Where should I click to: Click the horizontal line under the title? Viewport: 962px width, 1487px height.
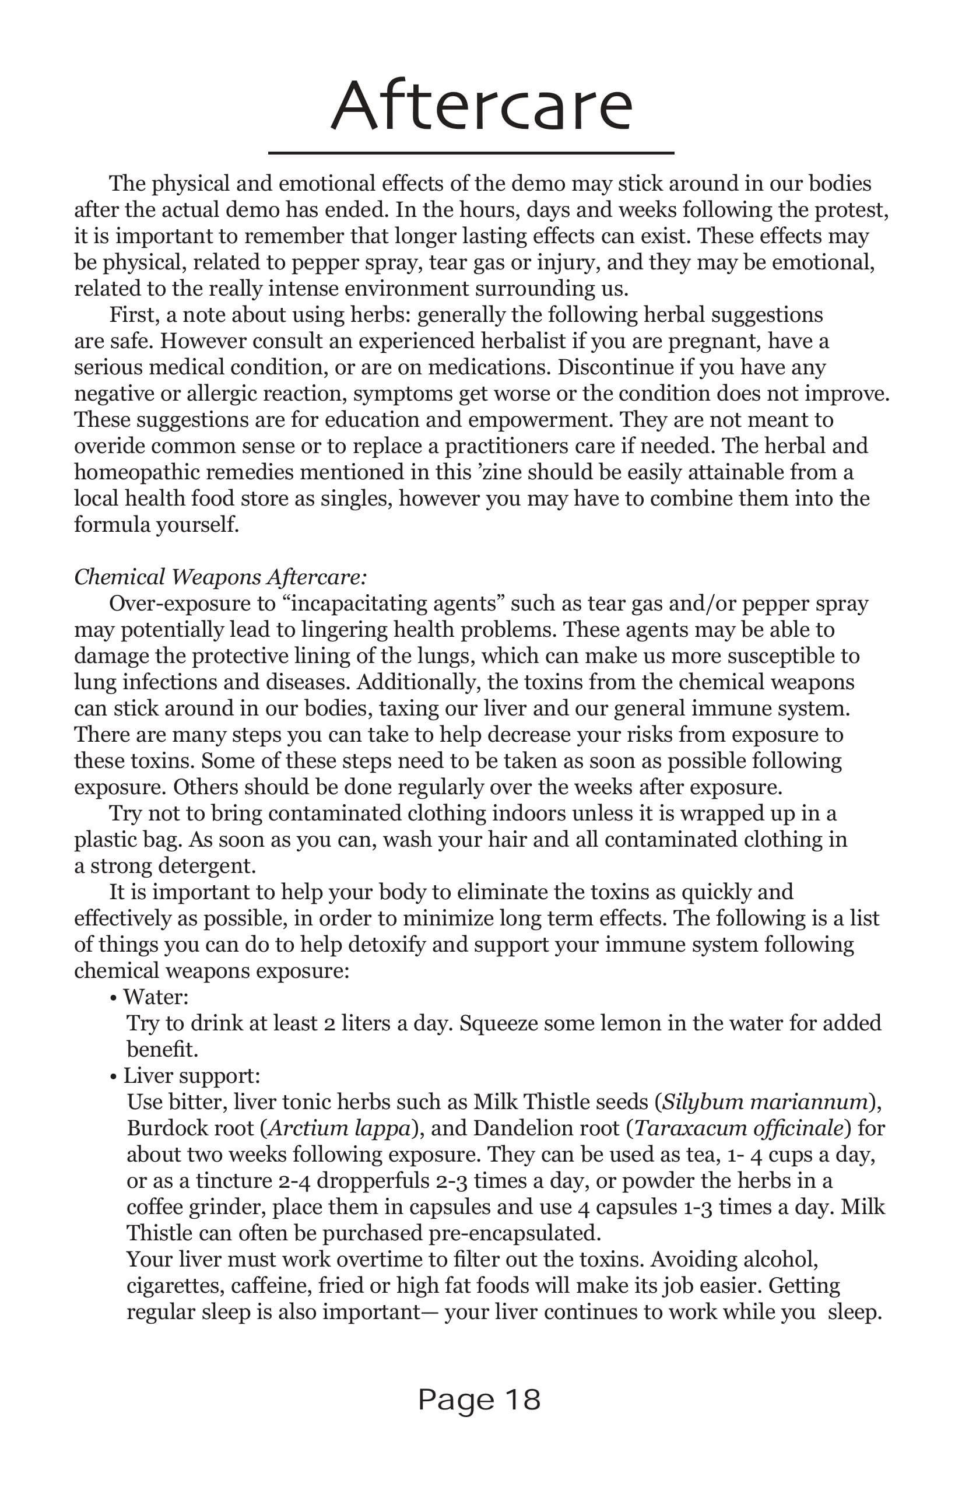471,152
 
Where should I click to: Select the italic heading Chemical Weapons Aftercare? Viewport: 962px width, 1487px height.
220,577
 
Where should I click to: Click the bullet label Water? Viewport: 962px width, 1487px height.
155,996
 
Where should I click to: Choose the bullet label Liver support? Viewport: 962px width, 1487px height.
191,1075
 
